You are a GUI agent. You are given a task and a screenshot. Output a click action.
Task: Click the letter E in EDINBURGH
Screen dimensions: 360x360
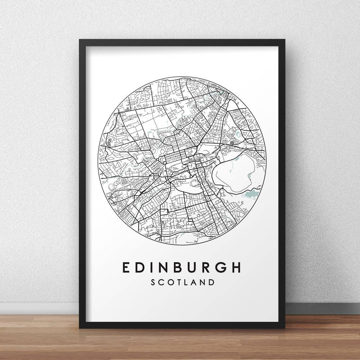click(x=126, y=267)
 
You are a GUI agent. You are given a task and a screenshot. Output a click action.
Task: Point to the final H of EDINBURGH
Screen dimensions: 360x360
click(x=235, y=267)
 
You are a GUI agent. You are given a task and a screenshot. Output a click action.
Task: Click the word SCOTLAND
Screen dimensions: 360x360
click(x=183, y=282)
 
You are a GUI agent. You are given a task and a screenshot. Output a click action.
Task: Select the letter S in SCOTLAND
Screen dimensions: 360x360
click(x=154, y=282)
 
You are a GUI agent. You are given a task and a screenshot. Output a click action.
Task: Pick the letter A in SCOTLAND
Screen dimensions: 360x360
click(x=194, y=282)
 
